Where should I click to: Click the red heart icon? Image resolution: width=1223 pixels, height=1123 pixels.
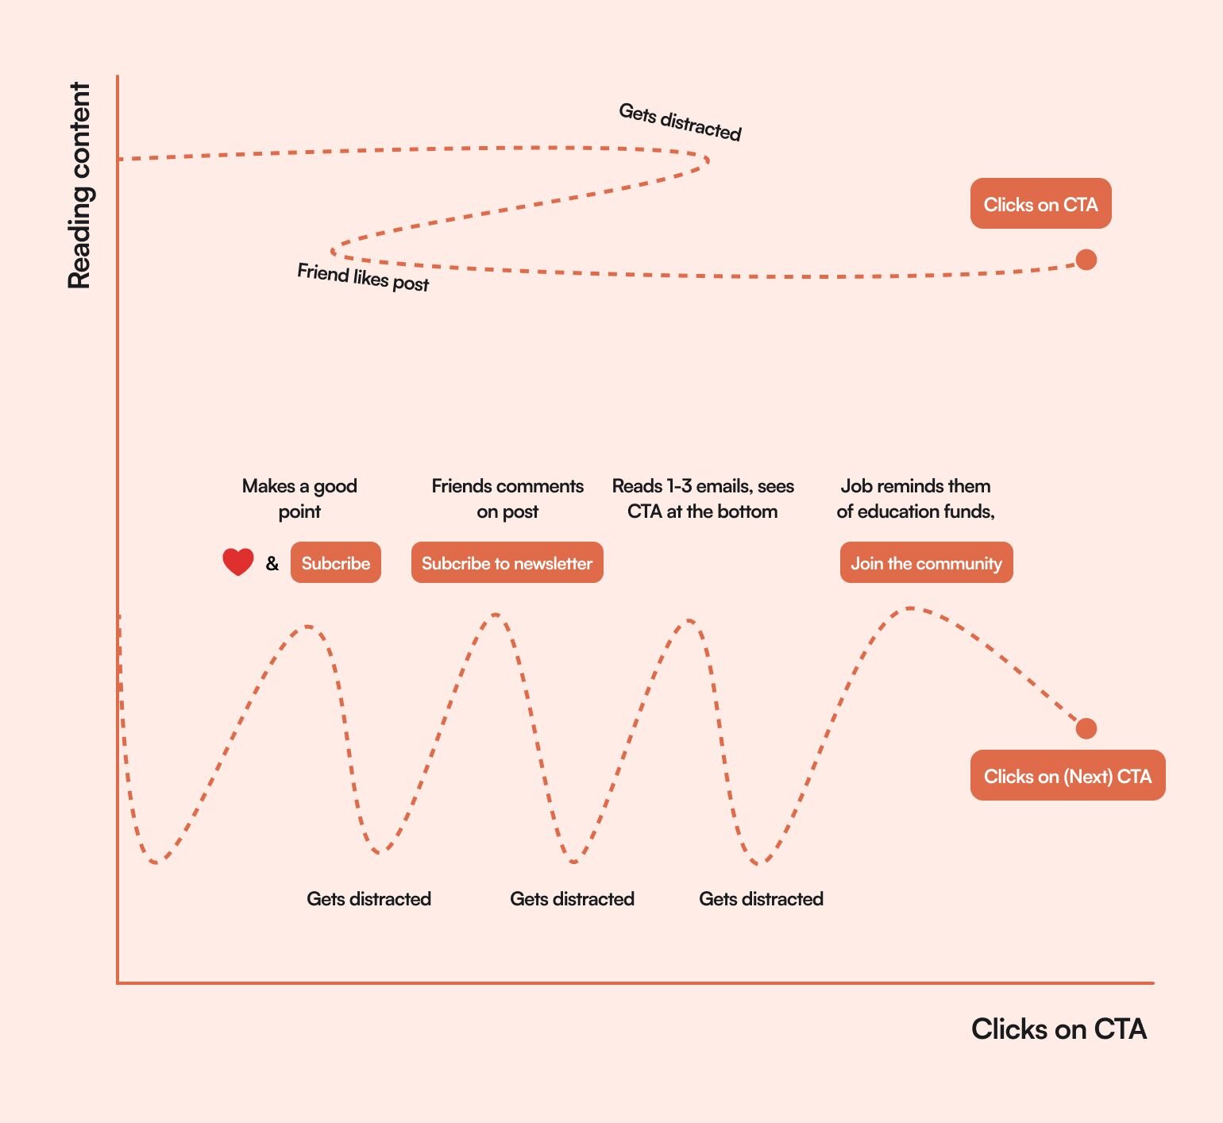(238, 561)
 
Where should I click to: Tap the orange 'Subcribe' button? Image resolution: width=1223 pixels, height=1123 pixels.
(335, 563)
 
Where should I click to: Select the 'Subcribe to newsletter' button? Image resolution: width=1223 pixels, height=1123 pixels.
(507, 563)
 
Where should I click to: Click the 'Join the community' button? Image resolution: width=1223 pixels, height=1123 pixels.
(926, 563)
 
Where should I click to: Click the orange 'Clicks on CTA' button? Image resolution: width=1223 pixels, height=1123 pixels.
(1040, 204)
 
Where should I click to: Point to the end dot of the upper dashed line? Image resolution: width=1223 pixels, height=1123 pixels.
(1086, 260)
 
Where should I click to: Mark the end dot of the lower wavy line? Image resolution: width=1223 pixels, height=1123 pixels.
(1086, 728)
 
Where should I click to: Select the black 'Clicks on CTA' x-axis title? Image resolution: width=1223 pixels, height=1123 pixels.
(1059, 1029)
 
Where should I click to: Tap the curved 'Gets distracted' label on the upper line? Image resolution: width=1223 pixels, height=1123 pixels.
(680, 122)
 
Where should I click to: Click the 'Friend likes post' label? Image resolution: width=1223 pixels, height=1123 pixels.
(363, 277)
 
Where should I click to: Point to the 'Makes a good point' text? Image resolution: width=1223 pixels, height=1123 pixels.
(299, 498)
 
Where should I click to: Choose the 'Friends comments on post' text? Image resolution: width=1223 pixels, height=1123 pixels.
(507, 498)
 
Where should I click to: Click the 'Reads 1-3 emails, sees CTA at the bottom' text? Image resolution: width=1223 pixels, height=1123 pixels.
(703, 498)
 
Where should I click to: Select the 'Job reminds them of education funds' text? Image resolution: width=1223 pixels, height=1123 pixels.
(916, 498)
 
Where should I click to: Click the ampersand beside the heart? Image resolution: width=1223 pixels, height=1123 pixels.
(272, 564)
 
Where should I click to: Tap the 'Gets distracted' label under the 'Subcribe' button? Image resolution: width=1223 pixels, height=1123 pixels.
(368, 899)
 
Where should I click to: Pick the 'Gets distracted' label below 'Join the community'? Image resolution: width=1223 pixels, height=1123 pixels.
(761, 899)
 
